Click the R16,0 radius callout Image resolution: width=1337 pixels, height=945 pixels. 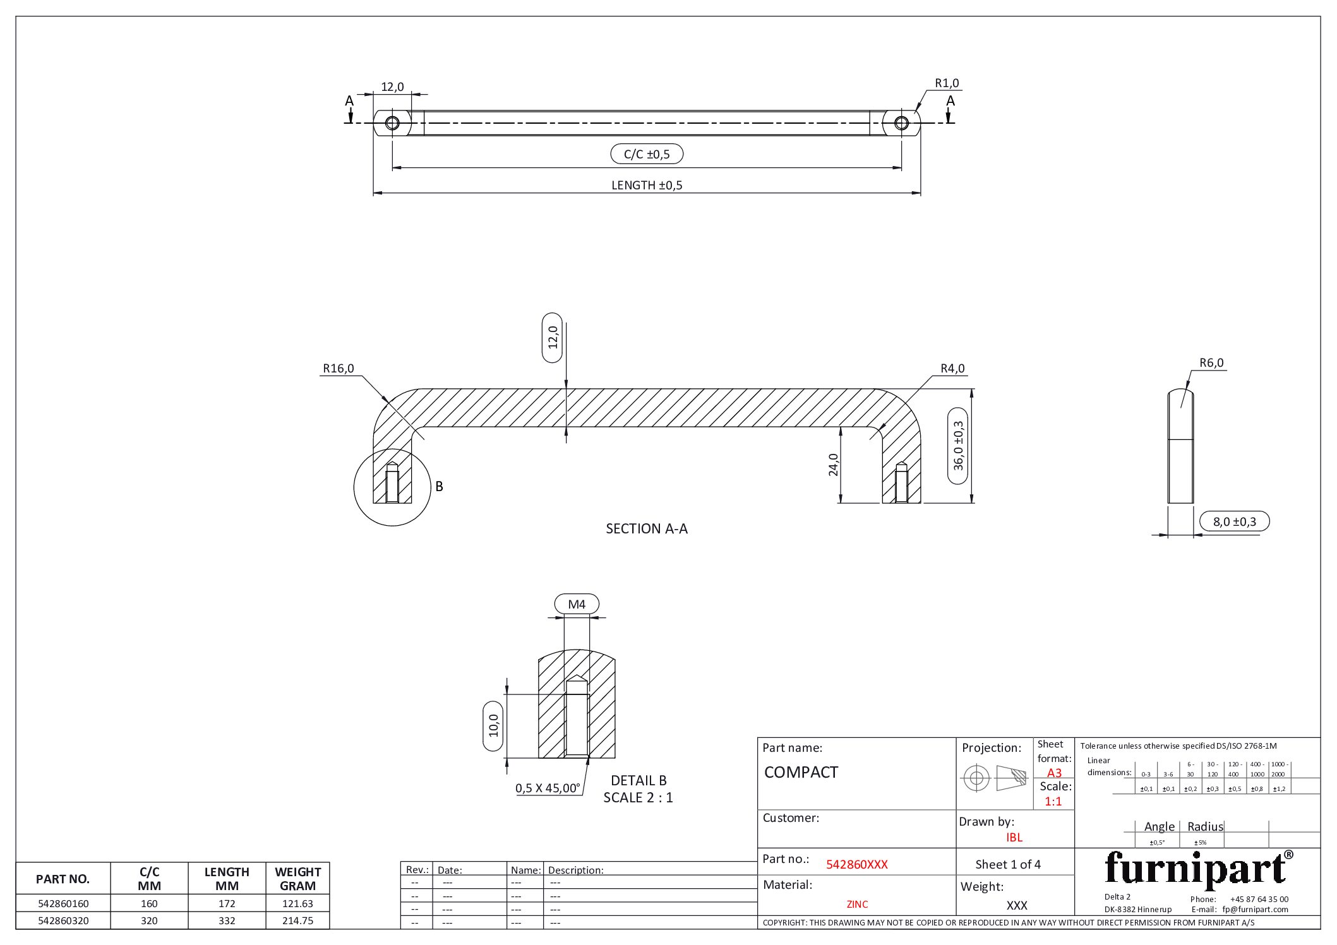coord(339,369)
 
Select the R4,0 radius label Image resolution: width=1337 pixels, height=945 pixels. coord(952,369)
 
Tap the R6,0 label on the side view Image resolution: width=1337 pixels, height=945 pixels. coord(1211,363)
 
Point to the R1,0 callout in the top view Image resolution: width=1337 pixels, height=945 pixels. coord(947,83)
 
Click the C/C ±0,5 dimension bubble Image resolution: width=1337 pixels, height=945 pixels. coord(647,154)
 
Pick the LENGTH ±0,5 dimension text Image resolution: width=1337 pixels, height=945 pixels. coord(647,186)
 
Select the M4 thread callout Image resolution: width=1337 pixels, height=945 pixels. coord(577,604)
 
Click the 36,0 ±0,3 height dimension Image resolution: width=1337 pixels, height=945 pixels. coord(958,446)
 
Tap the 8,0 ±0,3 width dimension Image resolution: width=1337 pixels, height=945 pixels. coord(1235,521)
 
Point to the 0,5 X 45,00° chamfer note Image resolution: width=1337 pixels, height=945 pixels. coord(548,788)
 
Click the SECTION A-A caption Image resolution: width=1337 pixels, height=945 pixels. coord(647,529)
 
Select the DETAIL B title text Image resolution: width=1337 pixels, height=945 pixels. coord(639,781)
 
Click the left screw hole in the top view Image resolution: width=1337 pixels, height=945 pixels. coord(392,122)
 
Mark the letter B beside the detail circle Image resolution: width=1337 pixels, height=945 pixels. coord(440,487)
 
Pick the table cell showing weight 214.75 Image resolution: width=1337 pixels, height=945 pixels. coord(297,920)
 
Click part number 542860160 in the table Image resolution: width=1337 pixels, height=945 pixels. coord(63,903)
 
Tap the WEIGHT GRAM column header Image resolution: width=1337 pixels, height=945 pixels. coord(297,879)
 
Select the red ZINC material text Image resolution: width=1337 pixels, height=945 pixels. coord(857,905)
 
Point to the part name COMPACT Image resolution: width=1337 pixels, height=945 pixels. coord(801,773)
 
